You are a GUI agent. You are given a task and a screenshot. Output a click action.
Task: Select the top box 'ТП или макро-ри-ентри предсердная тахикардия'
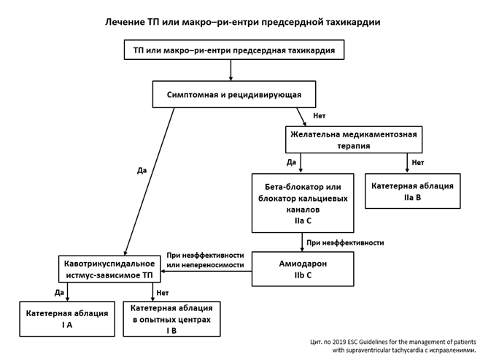(233, 50)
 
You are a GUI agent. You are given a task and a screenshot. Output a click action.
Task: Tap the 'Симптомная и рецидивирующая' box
(233, 94)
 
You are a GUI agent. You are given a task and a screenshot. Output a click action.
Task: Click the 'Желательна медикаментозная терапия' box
(353, 139)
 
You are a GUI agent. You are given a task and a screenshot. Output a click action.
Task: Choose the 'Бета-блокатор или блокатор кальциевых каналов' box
(302, 202)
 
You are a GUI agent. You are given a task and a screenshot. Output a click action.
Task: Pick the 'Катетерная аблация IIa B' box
(412, 191)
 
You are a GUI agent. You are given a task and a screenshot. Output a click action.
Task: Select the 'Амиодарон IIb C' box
(302, 269)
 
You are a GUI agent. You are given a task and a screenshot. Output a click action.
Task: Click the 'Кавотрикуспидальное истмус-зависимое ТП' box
(109, 269)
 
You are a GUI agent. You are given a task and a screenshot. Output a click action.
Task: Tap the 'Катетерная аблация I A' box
(67, 318)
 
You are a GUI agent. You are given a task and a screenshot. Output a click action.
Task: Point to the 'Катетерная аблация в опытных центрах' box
(171, 318)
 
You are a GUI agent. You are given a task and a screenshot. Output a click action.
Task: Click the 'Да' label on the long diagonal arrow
(142, 170)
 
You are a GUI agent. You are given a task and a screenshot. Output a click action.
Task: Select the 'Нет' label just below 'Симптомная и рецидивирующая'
(319, 116)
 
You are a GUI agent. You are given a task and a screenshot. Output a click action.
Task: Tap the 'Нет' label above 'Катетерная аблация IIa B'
(417, 162)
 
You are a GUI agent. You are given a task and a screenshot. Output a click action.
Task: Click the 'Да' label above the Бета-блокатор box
(291, 162)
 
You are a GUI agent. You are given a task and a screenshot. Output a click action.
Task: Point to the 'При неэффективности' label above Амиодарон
(344, 242)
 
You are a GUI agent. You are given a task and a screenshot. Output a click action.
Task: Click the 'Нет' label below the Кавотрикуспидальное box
(163, 292)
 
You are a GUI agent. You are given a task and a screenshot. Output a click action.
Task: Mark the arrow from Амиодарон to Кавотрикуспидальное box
(206, 271)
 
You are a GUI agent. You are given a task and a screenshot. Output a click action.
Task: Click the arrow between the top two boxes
(231, 69)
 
